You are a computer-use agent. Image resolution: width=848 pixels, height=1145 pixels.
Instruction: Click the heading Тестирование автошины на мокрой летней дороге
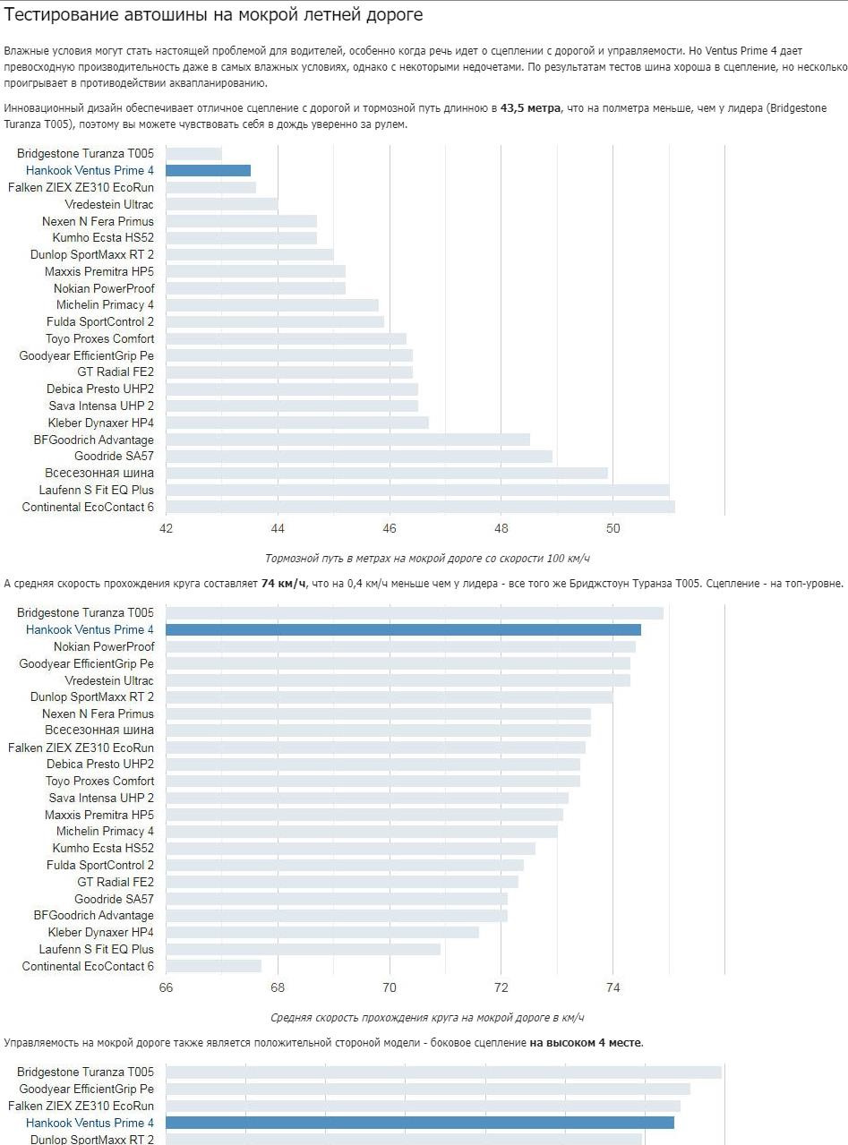tap(213, 15)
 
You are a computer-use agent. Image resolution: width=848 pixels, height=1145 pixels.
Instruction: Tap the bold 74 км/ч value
tap(284, 584)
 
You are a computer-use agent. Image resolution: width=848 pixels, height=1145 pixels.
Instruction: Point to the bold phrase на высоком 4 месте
tap(586, 1043)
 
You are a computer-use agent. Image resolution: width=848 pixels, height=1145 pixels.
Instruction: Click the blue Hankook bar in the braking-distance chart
tap(208, 171)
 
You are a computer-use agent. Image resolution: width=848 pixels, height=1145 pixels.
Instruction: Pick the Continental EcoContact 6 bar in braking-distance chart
tap(420, 507)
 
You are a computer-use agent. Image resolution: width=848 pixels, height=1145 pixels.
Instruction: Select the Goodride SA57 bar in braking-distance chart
tap(358, 457)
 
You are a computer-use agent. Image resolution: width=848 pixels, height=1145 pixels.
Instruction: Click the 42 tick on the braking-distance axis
tap(166, 527)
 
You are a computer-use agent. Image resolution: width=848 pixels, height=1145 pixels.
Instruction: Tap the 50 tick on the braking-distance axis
tap(612, 527)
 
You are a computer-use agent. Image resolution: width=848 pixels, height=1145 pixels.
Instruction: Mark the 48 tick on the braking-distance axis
tap(501, 527)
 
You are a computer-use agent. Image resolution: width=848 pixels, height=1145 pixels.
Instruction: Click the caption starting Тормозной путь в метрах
tap(427, 559)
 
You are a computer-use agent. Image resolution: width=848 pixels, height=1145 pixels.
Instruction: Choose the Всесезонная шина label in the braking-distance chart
tap(99, 473)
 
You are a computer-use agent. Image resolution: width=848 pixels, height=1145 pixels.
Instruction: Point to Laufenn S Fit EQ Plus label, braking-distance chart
tap(96, 490)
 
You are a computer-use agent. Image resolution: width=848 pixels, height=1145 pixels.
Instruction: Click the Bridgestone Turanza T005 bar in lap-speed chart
tap(414, 613)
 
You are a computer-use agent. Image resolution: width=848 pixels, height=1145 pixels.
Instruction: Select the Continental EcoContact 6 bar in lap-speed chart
tap(213, 966)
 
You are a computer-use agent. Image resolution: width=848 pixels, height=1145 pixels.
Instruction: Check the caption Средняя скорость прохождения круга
tap(427, 1018)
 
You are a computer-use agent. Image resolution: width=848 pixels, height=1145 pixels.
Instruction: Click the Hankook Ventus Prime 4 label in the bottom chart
tap(90, 1123)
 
